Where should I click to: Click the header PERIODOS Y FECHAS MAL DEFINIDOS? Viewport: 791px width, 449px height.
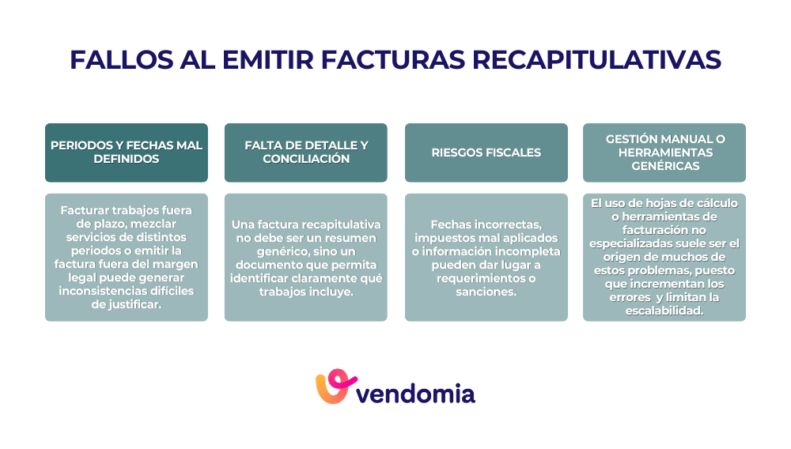pos(127,153)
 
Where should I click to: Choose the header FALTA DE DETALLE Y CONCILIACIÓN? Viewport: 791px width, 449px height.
pos(306,153)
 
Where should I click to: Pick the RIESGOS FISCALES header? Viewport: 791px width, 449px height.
pos(486,153)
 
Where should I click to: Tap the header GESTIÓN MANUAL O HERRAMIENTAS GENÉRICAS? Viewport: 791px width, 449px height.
pos(664,153)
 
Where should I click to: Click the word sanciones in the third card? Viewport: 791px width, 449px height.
pos(486,292)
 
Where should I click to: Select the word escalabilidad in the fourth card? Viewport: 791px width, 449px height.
pos(664,311)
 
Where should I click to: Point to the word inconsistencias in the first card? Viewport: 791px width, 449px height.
pos(108,292)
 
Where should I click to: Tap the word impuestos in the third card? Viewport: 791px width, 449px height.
pos(449,238)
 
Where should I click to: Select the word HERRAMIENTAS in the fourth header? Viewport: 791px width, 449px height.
pos(664,153)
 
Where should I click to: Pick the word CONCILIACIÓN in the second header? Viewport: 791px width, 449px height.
pos(306,159)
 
